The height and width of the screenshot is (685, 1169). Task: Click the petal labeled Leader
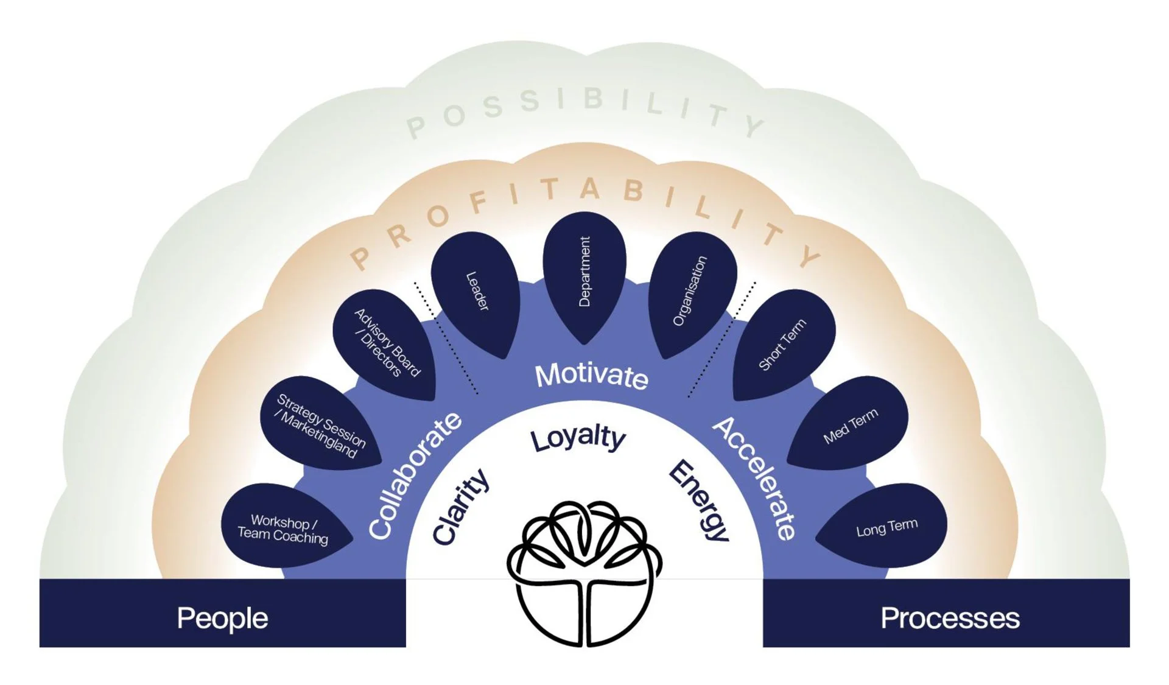tap(476, 292)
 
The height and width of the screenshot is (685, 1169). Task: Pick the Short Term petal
tap(782, 344)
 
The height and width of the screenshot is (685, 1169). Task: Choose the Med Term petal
tap(850, 426)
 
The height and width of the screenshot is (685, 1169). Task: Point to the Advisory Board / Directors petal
tap(386, 343)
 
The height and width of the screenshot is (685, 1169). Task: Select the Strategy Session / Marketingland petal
tap(320, 424)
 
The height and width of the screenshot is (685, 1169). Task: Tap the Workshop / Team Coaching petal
tap(284, 528)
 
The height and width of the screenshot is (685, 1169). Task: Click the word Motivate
tap(591, 376)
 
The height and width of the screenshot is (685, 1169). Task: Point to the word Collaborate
tap(415, 476)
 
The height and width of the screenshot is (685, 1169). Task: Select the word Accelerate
tap(755, 479)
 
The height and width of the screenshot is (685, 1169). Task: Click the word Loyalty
tap(577, 438)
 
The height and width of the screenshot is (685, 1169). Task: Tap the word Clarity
tap(461, 507)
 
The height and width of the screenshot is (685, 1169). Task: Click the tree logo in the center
tap(584, 572)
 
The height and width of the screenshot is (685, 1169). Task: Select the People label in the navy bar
tap(222, 618)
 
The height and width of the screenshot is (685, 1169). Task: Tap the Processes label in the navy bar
tap(950, 618)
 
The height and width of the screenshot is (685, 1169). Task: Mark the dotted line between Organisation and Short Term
tap(722, 339)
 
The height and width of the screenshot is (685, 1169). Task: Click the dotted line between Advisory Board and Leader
tap(446, 339)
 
